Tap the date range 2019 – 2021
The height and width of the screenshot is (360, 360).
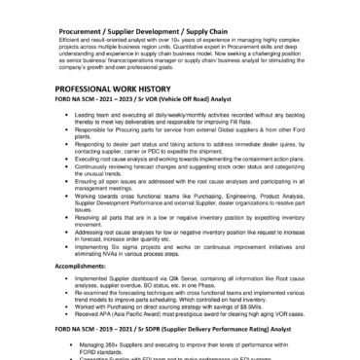[106, 331]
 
